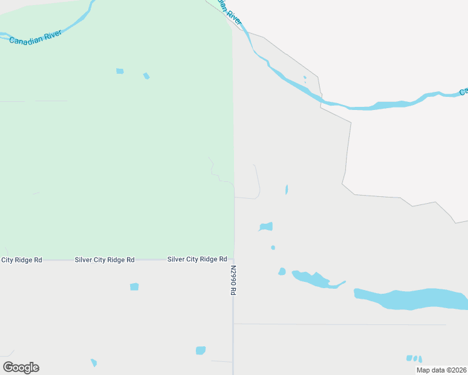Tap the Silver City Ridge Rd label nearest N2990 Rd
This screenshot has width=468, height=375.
click(x=196, y=259)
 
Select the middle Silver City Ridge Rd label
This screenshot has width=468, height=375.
click(x=104, y=259)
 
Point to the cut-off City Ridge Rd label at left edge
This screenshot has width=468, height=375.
click(x=21, y=259)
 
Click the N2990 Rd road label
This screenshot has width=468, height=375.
click(x=233, y=281)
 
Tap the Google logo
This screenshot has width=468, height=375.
click(x=21, y=367)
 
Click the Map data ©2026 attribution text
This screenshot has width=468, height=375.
click(x=441, y=370)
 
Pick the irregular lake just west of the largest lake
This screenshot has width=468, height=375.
click(x=316, y=279)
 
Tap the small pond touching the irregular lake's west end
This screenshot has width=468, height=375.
click(x=282, y=271)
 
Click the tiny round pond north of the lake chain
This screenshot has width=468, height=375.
click(x=273, y=247)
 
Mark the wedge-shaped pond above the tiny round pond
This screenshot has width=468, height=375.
click(x=267, y=226)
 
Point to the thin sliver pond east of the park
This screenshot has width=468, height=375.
click(x=287, y=189)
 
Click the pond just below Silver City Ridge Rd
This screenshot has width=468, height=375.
click(x=134, y=286)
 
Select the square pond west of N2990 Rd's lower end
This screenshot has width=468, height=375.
click(x=200, y=350)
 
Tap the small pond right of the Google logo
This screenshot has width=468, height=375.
click(x=94, y=362)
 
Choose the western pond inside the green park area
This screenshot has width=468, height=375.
click(x=120, y=71)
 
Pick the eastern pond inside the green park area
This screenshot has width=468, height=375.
click(x=146, y=76)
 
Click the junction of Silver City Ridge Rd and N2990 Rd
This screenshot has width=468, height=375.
click(x=233, y=259)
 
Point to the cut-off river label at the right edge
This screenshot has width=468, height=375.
click(x=464, y=92)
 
